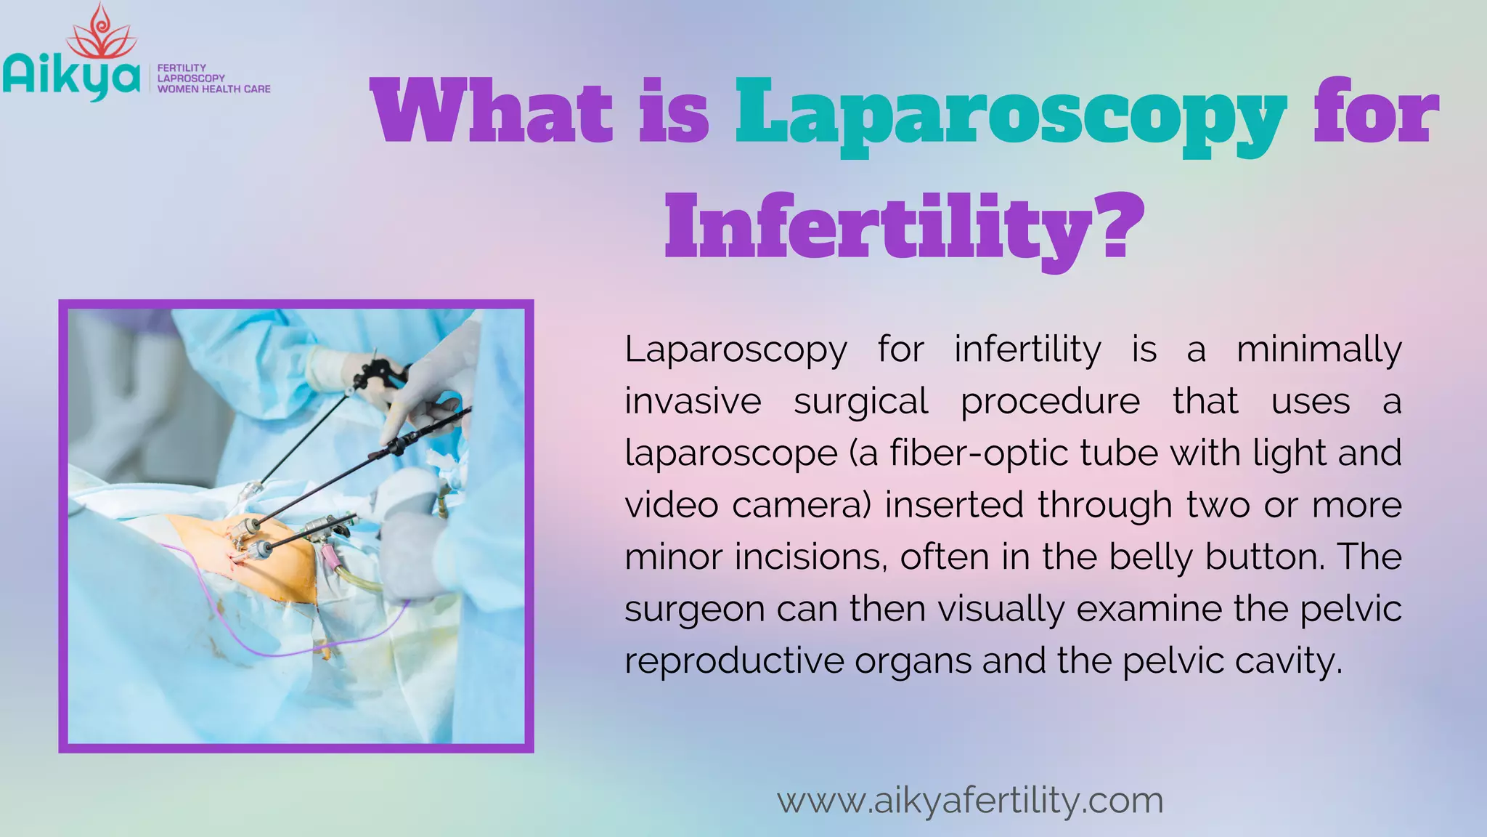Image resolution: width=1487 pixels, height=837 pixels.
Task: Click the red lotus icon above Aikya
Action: tap(101, 33)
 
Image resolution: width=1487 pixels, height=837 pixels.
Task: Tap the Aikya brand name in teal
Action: tap(71, 78)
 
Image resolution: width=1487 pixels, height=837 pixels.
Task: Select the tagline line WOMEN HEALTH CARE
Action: tap(213, 89)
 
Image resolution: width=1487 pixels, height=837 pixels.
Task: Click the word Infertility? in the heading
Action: tap(904, 227)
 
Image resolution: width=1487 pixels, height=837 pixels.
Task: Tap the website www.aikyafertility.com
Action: tap(970, 801)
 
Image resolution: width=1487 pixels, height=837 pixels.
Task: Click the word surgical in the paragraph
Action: tap(860, 402)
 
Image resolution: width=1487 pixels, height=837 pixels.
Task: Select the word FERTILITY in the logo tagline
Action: tap(182, 68)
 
